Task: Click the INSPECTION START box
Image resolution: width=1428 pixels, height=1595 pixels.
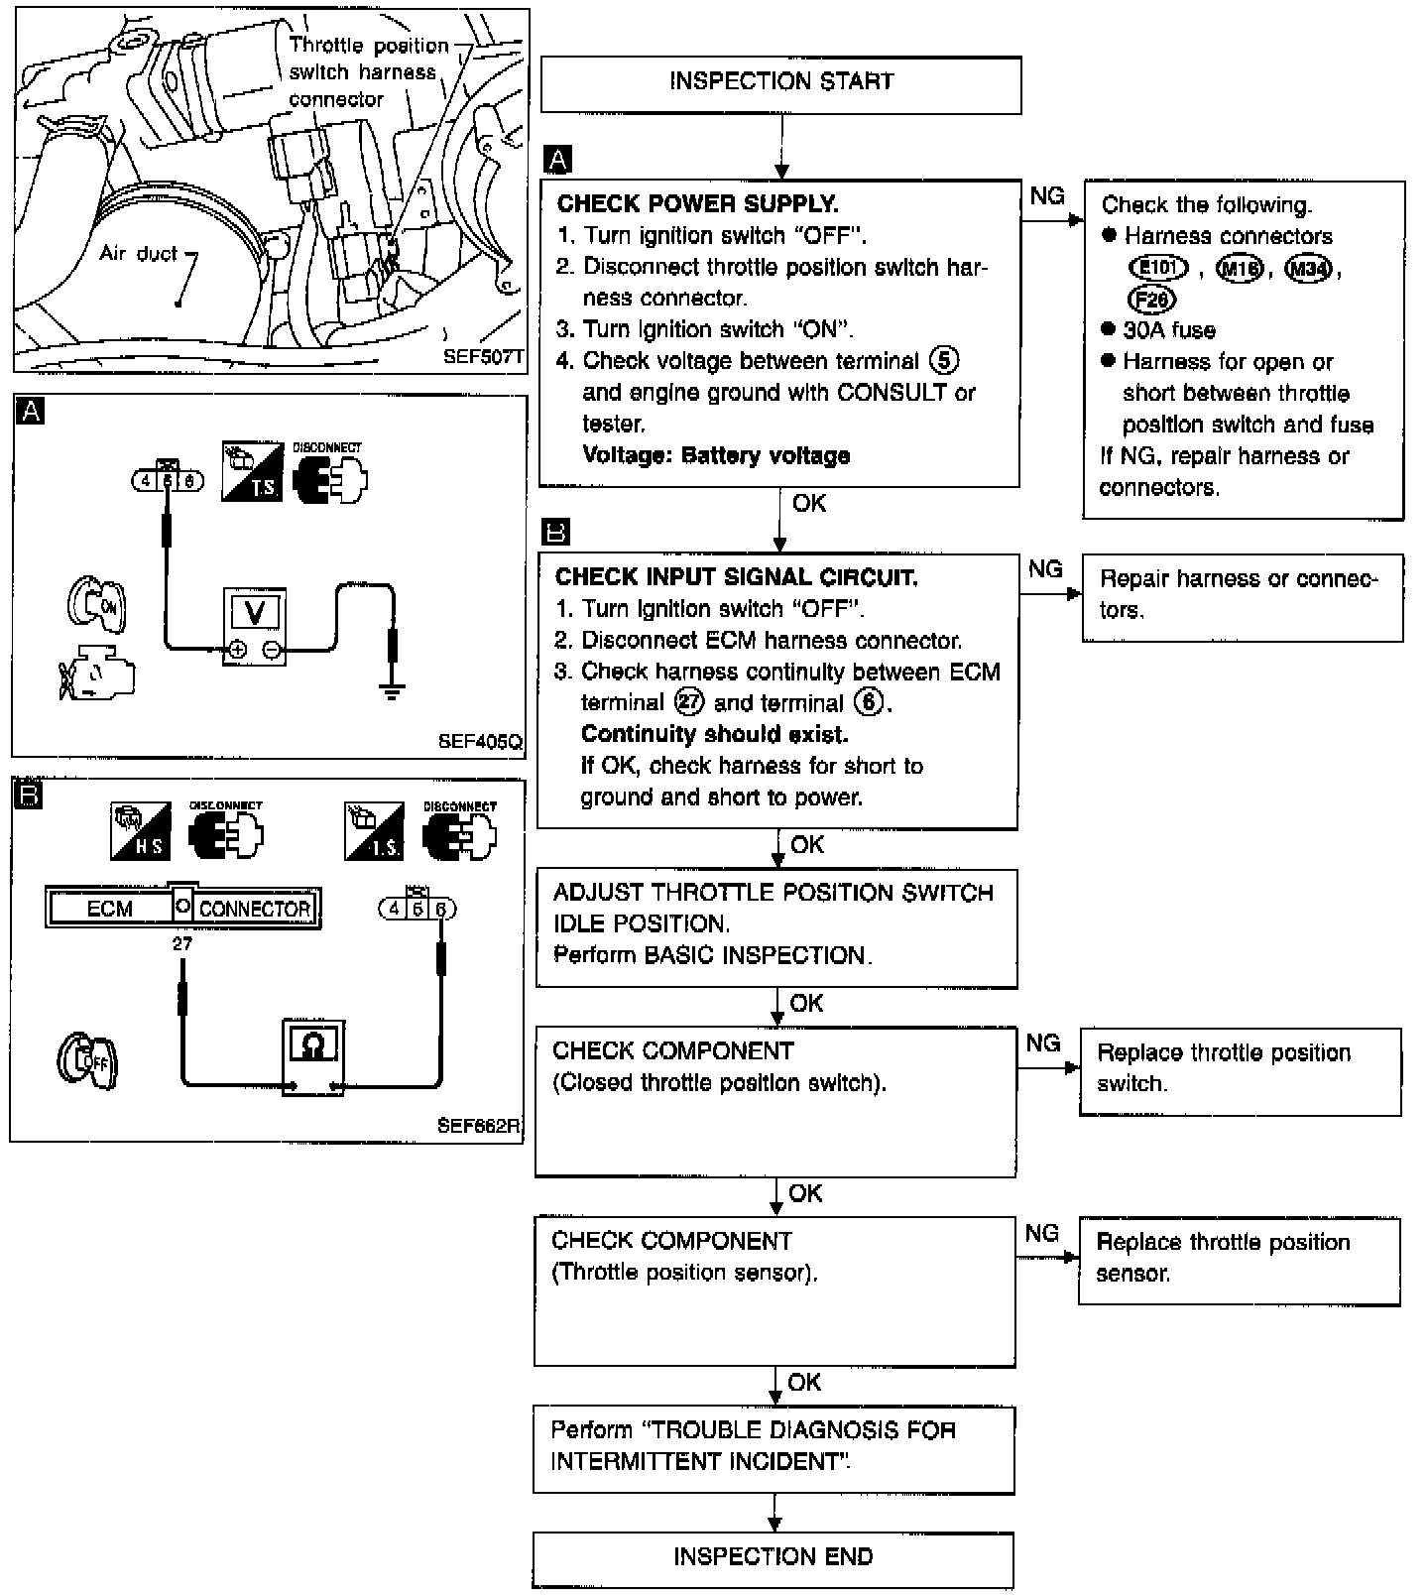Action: click(781, 84)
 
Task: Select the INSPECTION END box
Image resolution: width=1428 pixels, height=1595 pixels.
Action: click(773, 1560)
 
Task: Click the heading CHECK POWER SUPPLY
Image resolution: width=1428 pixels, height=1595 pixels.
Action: click(697, 204)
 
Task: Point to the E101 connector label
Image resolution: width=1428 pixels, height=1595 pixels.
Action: click(1157, 268)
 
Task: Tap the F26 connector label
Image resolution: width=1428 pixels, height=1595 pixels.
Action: click(1151, 299)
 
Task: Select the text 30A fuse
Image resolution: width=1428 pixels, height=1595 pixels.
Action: click(1169, 330)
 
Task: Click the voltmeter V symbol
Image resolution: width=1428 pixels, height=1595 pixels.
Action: click(255, 612)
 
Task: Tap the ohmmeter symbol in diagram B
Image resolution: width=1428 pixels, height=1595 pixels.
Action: click(313, 1044)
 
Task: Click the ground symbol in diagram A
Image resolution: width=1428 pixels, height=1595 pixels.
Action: click(393, 690)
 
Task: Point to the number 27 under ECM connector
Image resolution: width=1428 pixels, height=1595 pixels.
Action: click(182, 943)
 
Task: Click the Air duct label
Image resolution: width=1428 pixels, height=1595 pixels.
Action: click(138, 253)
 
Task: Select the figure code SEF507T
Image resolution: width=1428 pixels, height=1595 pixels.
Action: click(483, 356)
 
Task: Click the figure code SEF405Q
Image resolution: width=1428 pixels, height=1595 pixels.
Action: click(480, 741)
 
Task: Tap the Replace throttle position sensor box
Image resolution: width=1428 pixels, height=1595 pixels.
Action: click(1240, 1261)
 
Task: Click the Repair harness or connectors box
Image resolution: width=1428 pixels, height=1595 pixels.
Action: click(1243, 597)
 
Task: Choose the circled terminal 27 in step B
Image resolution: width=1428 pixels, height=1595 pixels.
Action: click(688, 702)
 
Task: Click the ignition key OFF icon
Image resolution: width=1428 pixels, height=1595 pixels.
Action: click(87, 1059)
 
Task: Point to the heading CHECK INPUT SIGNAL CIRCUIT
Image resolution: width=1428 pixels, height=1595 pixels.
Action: click(736, 577)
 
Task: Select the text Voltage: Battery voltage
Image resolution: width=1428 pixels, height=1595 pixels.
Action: click(716, 456)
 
